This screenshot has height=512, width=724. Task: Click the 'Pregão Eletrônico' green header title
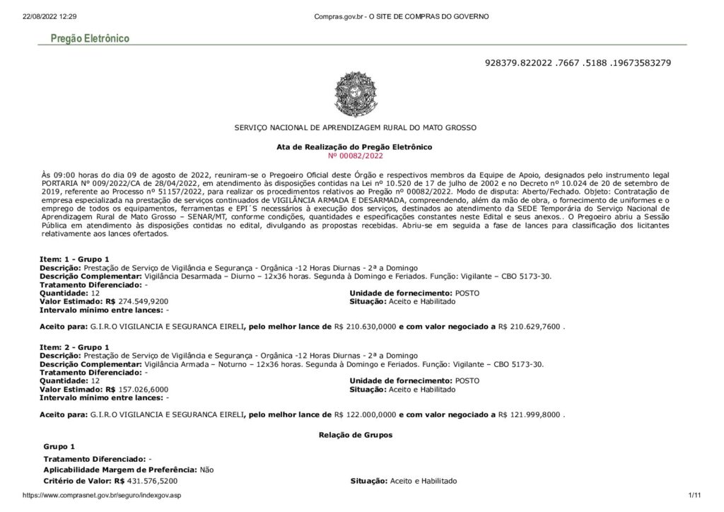point(90,39)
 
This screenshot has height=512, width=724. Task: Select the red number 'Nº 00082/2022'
point(354,155)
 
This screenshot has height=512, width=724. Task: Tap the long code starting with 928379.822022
point(578,63)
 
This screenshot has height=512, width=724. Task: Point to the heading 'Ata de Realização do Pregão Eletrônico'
point(354,146)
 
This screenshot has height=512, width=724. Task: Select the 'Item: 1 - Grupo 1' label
point(74,260)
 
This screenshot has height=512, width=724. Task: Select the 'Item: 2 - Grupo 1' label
point(74,347)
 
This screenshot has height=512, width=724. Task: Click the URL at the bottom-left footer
point(103,496)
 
